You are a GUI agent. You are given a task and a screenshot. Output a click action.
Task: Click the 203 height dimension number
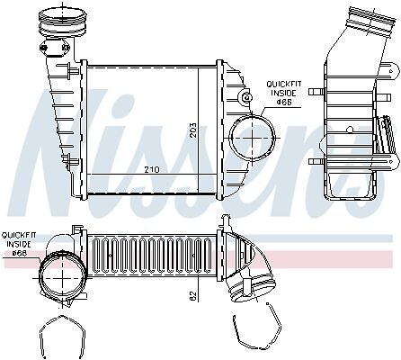tap(193, 130)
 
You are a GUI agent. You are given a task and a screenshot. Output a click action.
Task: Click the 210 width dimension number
tap(152, 169)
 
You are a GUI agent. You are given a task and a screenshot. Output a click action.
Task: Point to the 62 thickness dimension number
tap(193, 295)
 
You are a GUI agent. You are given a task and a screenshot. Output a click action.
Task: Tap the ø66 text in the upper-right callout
tap(284, 102)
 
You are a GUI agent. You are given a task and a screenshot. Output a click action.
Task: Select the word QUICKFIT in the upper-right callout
tap(284, 84)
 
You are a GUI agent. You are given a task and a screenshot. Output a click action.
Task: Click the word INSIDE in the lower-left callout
tap(19, 244)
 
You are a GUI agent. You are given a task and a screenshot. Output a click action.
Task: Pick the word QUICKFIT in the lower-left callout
tap(19, 235)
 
